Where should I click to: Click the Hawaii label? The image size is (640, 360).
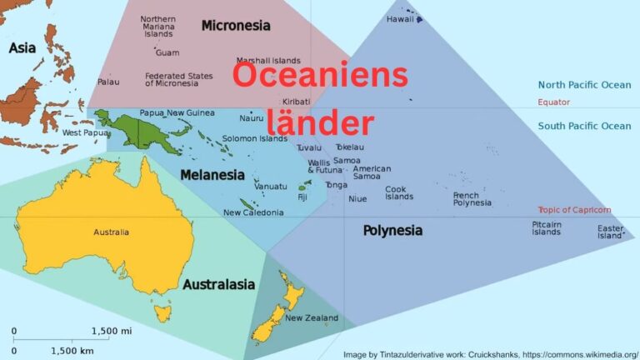400,19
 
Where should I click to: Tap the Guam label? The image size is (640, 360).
167,52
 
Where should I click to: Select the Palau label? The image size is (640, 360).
108,82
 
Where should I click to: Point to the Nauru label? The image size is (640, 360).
252,118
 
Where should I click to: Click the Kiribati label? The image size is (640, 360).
296,102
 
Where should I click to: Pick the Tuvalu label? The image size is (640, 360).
308,147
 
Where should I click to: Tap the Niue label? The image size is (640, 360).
357,198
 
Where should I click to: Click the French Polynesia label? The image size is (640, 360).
472,198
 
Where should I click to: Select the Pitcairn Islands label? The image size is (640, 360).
547,227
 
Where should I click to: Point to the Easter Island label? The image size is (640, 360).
610,232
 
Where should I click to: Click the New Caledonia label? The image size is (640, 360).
253,212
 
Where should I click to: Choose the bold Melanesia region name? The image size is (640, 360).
212,175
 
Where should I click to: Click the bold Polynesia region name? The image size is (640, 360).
392,230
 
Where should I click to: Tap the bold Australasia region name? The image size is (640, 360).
218,285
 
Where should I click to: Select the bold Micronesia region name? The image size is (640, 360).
236,26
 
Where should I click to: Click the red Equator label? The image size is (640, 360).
553,102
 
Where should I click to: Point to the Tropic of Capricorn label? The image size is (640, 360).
574,210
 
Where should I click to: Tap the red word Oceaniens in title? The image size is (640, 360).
320,76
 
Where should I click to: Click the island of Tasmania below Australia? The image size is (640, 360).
162,313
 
